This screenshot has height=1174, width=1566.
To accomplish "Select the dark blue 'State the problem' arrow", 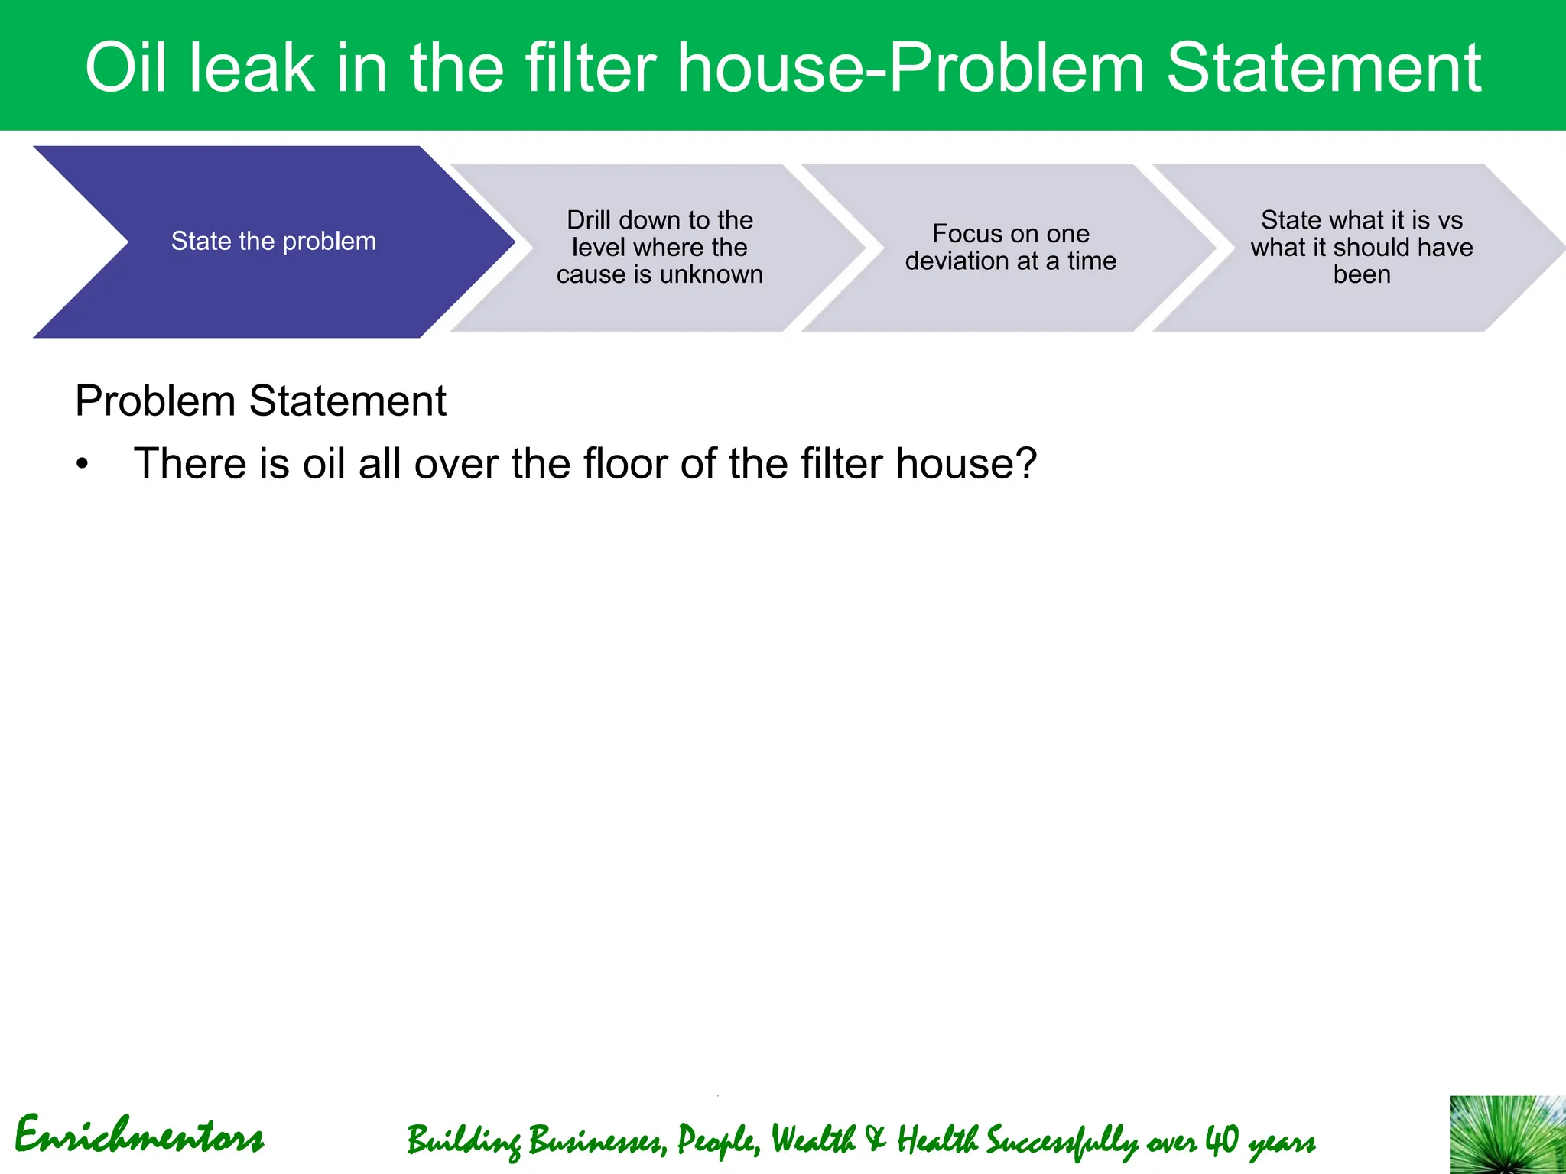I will tap(273, 242).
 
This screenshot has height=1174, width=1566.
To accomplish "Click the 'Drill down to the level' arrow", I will tap(659, 247).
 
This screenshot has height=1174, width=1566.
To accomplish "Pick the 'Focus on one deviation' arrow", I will tap(1010, 247).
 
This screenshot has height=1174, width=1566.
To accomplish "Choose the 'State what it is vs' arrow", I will tap(1361, 247).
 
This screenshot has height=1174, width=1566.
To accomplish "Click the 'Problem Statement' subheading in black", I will tap(260, 401).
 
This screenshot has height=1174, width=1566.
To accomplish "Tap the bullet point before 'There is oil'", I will tap(83, 465).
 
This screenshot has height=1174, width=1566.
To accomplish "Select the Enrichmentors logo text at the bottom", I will tap(139, 1136).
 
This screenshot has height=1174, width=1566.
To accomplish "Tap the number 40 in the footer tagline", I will tap(1221, 1140).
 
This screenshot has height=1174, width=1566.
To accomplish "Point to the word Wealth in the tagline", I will tap(813, 1140).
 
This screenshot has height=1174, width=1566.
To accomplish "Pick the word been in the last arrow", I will tap(1361, 274).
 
